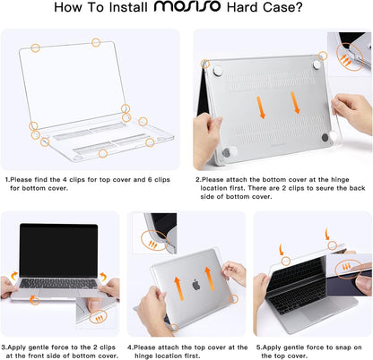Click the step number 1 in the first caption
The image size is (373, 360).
pos(6,179)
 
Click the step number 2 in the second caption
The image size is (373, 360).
pos(197,179)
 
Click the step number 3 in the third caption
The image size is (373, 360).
pos(4,346)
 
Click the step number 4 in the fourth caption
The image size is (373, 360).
pos(129,346)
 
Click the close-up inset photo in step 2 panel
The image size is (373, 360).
pos(348,51)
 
